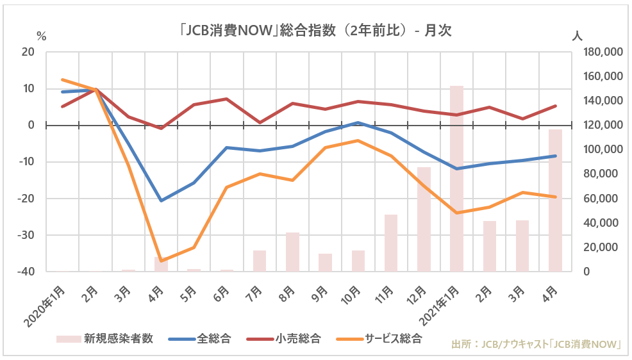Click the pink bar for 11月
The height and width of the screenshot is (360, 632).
[x=391, y=243]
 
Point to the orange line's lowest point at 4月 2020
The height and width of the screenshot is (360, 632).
[x=161, y=261]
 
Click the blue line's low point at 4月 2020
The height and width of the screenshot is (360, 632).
[x=161, y=200]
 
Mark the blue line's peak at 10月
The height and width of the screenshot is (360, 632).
[x=358, y=122]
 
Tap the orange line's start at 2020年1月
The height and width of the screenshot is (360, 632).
[x=62, y=80]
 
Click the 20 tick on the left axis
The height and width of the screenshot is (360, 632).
[x=28, y=52]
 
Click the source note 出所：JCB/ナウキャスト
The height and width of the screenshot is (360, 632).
[x=538, y=344]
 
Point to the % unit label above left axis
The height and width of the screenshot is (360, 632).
[x=42, y=36]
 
